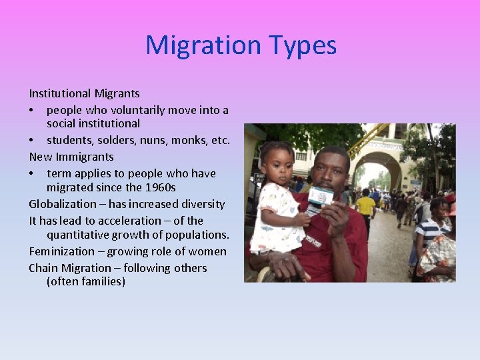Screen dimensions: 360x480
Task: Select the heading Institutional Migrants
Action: [84, 93]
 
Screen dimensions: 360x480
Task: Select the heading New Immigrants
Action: [71, 157]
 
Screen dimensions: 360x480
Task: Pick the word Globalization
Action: [61, 204]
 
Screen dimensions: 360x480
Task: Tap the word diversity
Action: [201, 204]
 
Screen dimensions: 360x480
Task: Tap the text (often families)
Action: [86, 282]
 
